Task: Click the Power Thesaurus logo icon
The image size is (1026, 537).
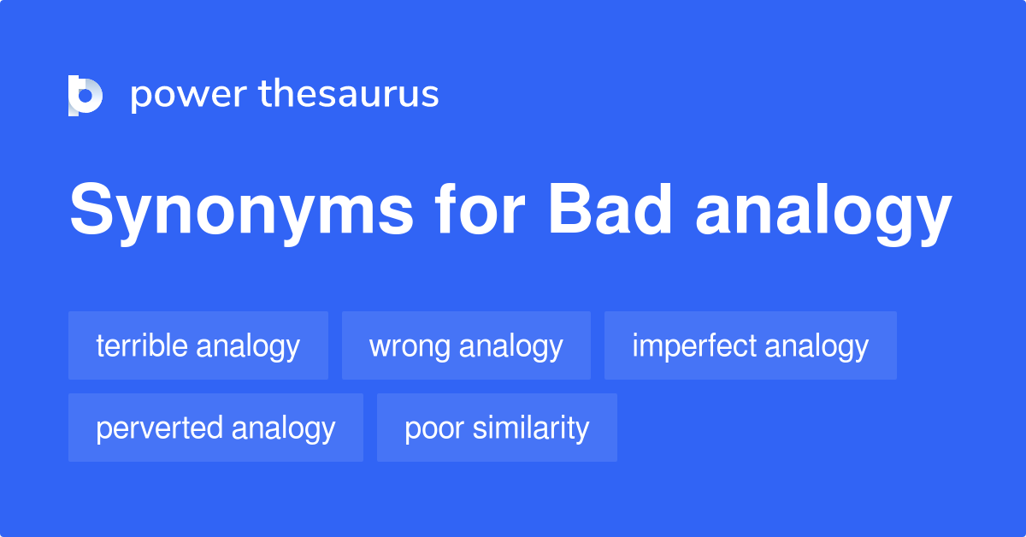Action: (x=85, y=95)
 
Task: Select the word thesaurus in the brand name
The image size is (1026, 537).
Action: (x=349, y=95)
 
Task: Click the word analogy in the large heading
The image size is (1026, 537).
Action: (x=823, y=214)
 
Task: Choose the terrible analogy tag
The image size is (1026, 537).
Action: (x=198, y=345)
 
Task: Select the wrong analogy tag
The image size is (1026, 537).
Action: (x=466, y=345)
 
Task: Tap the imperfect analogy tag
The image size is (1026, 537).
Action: (x=750, y=345)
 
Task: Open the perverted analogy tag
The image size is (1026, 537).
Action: (x=215, y=428)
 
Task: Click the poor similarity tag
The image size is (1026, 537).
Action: (x=497, y=428)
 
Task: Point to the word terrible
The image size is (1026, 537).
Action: (x=141, y=345)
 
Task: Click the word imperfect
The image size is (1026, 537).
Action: (x=694, y=345)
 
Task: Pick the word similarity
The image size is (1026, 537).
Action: (x=531, y=428)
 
